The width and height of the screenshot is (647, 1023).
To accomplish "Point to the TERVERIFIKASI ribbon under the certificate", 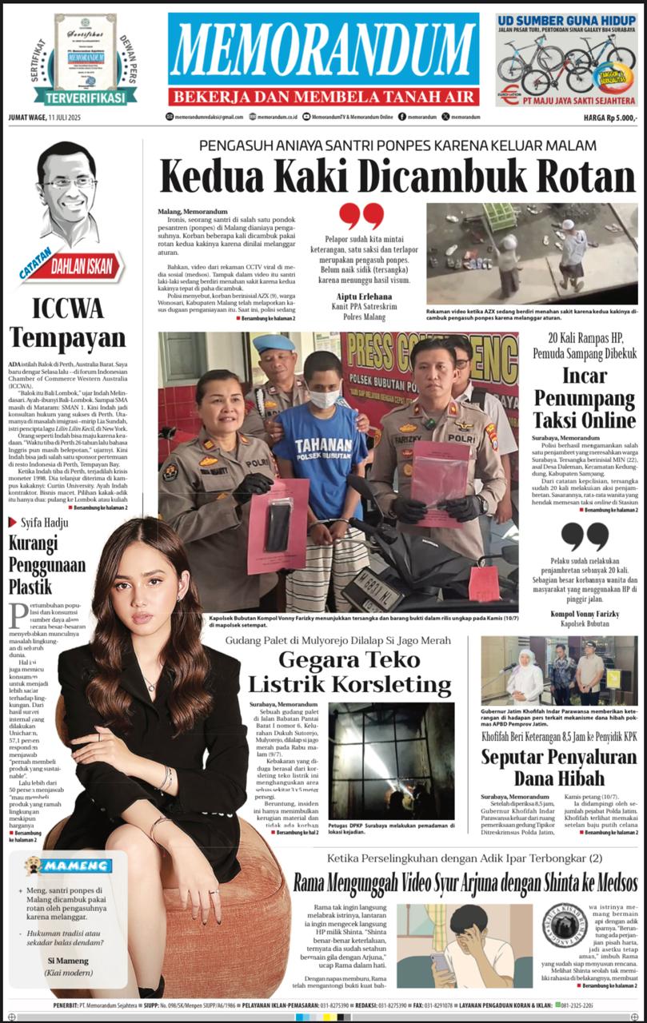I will pos(85,98).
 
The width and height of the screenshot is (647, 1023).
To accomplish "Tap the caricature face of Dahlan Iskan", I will pos(70,185).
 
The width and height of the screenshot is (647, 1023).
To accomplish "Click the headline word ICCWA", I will pos(67,308).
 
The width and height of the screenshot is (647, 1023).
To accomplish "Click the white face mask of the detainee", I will pos(324,397).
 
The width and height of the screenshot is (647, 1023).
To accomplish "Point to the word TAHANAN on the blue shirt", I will pos(320,446).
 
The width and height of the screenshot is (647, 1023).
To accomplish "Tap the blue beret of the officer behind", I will pos(274,344).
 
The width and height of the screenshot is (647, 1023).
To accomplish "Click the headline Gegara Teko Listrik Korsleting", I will pos(349,672).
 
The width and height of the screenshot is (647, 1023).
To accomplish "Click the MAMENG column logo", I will pos(66,866).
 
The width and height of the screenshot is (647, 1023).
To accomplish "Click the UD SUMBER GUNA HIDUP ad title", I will pos(565,19).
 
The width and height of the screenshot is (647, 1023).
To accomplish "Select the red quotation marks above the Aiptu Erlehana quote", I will pos(361,216).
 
